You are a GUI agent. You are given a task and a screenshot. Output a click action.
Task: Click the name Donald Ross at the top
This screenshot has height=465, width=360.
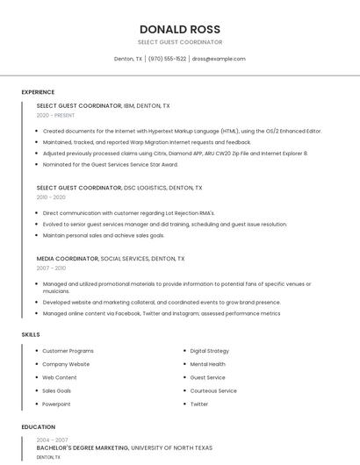[x=180, y=29]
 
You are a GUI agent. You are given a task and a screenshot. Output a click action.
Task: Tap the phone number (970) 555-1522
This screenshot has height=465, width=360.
[x=167, y=59]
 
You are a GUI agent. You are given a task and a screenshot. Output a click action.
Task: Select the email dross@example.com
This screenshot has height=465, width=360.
[x=219, y=59]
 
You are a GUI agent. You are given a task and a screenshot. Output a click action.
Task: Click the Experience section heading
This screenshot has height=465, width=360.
[x=38, y=92]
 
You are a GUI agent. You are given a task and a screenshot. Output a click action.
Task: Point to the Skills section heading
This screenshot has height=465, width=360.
[x=31, y=334]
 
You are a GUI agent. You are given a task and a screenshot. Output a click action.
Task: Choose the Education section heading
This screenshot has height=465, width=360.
[x=38, y=427]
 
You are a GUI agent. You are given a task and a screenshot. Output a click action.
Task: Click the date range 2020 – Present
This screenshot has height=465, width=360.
[x=55, y=115]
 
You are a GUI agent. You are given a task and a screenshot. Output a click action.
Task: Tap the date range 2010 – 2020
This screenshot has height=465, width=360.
[x=51, y=197]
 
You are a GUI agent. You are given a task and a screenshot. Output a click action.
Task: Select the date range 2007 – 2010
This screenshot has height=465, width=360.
[x=51, y=268]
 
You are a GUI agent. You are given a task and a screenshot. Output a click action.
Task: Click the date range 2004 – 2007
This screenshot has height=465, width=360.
[x=52, y=440]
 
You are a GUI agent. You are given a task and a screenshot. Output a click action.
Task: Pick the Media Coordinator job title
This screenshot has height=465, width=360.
[x=67, y=259]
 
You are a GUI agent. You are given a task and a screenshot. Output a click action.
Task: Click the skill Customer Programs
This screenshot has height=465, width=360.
[x=68, y=351]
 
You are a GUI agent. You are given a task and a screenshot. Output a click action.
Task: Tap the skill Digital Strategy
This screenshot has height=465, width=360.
[x=210, y=351]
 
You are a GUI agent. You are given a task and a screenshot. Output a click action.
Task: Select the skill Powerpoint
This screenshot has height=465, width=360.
[x=56, y=404]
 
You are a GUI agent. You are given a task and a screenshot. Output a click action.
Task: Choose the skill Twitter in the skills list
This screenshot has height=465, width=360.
[x=199, y=404]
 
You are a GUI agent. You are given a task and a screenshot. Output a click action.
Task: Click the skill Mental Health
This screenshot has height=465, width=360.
[x=208, y=364]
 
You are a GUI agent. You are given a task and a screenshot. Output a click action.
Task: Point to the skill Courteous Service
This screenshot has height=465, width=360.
[x=213, y=390]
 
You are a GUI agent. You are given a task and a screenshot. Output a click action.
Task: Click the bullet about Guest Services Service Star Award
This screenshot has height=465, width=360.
[x=110, y=164]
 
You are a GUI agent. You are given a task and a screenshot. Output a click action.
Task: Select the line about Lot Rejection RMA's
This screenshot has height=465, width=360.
[x=128, y=213]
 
